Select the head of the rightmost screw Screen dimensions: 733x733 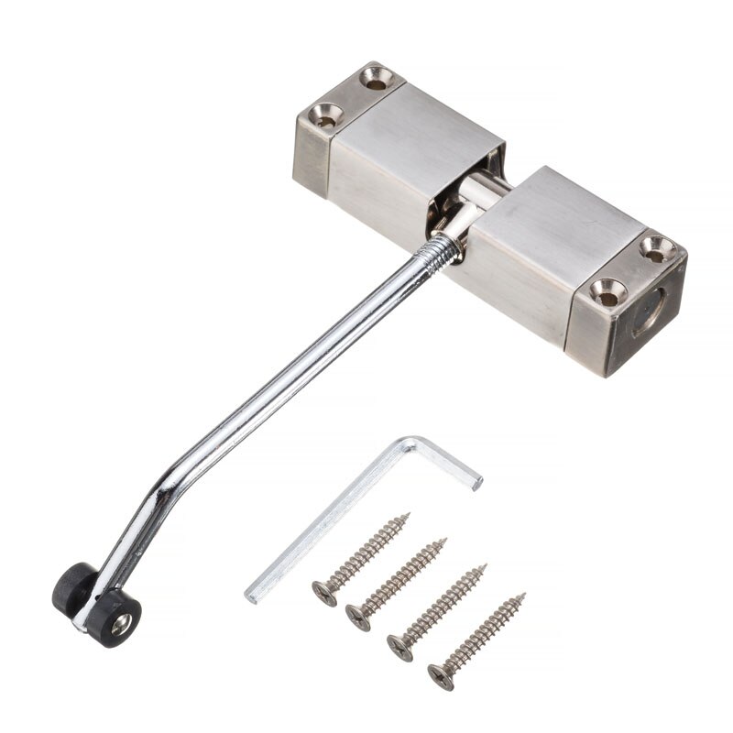pos(441,677)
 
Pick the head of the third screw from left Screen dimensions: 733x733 pos(399,647)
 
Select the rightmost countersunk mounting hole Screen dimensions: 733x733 pos(656,246)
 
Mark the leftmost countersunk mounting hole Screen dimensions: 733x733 pos(323,115)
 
